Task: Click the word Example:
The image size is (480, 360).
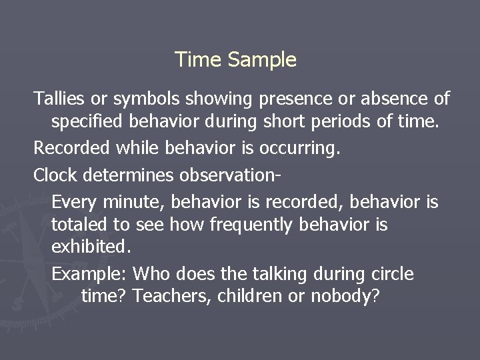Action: (x=89, y=274)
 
